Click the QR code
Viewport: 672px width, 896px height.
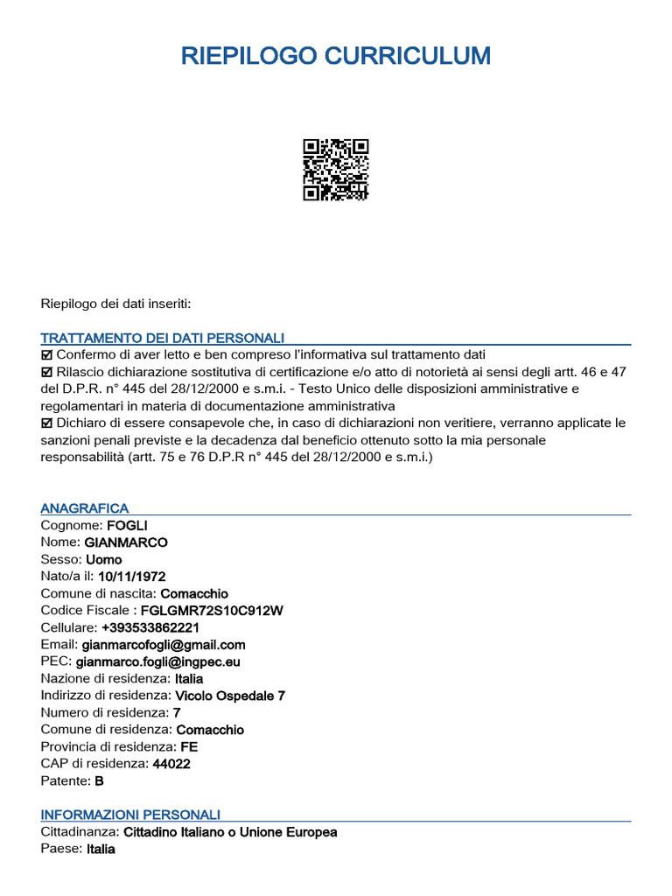(336, 170)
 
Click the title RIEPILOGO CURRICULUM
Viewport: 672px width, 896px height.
(336, 57)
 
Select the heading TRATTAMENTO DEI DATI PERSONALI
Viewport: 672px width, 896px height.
(162, 338)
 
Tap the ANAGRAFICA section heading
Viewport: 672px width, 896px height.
(85, 508)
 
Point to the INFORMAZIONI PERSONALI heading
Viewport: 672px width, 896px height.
(130, 815)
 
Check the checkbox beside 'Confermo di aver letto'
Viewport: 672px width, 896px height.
(47, 355)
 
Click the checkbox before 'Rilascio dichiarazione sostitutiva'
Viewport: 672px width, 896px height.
(47, 372)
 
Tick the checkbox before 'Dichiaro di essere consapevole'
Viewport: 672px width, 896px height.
(47, 423)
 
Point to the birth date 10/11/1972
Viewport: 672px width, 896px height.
(132, 577)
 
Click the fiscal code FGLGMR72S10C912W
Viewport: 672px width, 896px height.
(212, 611)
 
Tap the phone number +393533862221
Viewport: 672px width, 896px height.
(150, 627)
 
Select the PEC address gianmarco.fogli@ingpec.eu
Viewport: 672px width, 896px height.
(158, 661)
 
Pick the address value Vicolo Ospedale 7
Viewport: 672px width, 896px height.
(230, 696)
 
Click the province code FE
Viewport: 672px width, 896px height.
(188, 746)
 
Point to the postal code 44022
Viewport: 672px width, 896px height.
(171, 764)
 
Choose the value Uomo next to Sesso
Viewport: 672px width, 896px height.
(104, 560)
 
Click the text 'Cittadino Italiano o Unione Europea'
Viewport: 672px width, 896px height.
(230, 832)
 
